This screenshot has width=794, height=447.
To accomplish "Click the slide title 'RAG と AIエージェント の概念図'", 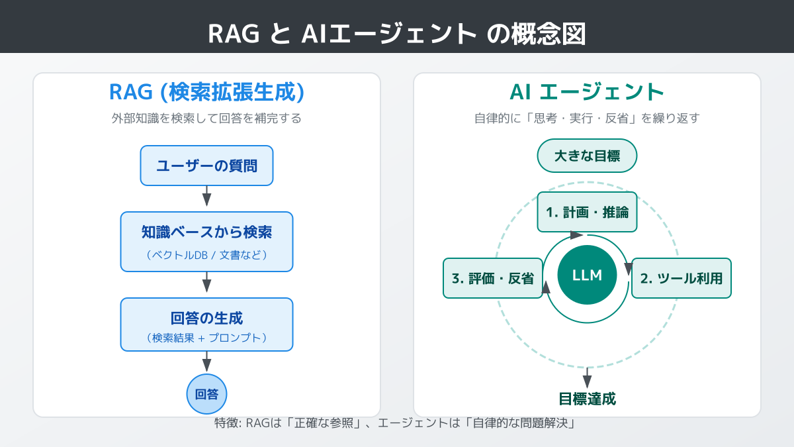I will click(397, 33).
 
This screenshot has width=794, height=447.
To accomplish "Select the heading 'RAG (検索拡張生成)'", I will click(206, 92).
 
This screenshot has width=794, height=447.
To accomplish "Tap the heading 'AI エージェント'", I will click(587, 92).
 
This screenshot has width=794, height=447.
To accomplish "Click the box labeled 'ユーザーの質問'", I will click(206, 166).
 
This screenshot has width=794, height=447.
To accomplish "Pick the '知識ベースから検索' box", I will click(206, 241).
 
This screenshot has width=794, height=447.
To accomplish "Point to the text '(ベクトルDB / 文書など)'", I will click(206, 255).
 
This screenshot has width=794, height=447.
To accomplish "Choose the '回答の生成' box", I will click(206, 324).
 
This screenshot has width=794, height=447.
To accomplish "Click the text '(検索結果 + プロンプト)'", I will click(206, 338).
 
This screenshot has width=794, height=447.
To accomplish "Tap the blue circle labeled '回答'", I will click(206, 394).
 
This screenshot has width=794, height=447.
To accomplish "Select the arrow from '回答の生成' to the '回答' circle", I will click(206, 362).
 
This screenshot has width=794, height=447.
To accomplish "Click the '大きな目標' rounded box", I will click(587, 157).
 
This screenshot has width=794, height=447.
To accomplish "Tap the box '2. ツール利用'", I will click(682, 278).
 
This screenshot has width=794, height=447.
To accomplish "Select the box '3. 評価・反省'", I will click(493, 278).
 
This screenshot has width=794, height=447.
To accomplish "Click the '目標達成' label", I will click(587, 399).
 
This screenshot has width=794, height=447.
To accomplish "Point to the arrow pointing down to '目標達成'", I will click(587, 377).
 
